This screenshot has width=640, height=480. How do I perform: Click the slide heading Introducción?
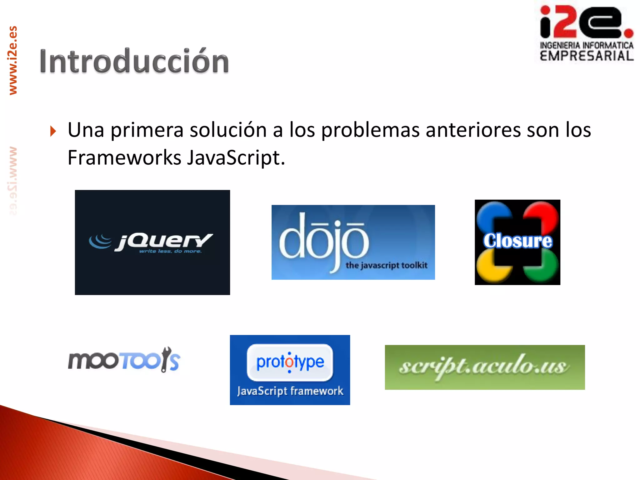pyautogui.click(x=134, y=62)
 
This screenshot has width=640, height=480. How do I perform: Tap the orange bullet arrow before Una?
pyautogui.click(x=53, y=131)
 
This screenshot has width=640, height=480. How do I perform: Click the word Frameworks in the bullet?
pyautogui.click(x=124, y=157)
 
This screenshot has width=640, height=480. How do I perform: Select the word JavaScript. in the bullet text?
pyautogui.click(x=236, y=157)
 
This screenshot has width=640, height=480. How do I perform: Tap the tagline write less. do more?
pyautogui.click(x=170, y=251)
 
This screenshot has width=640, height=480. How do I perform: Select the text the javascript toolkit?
pyautogui.click(x=386, y=265)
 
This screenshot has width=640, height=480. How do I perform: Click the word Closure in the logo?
pyautogui.click(x=517, y=241)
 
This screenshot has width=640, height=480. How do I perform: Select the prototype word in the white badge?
pyautogui.click(x=290, y=362)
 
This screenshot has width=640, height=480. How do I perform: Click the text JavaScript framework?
pyautogui.click(x=290, y=391)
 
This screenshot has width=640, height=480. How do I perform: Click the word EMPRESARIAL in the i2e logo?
pyautogui.click(x=587, y=56)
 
